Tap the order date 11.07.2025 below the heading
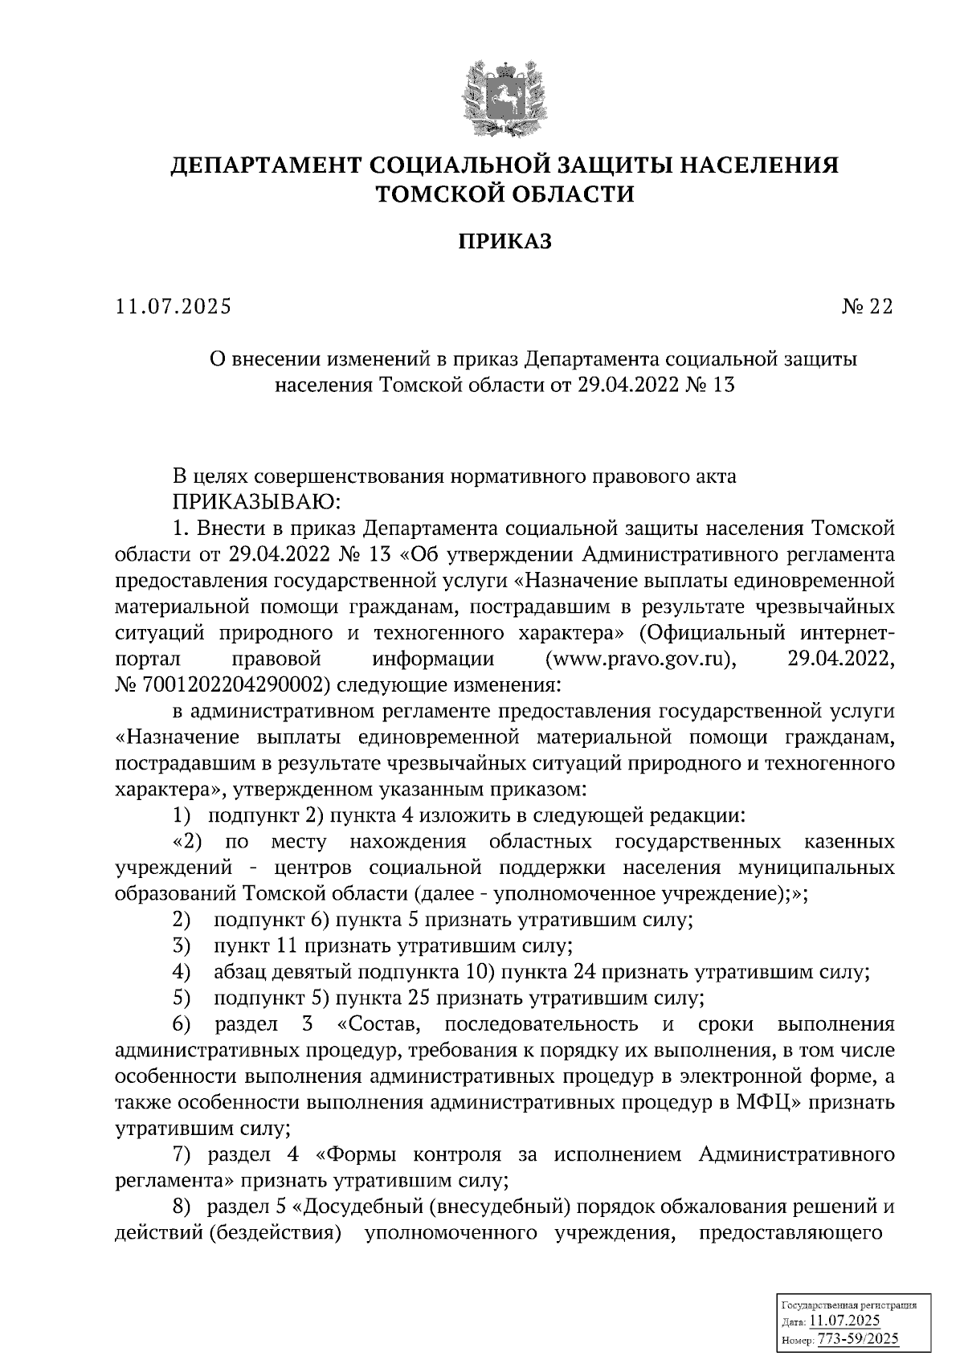click(x=172, y=307)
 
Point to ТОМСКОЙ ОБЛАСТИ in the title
click(x=505, y=194)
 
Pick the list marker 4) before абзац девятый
click(x=181, y=972)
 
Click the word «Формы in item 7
click(x=357, y=1155)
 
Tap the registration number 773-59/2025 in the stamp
click(x=856, y=1340)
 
